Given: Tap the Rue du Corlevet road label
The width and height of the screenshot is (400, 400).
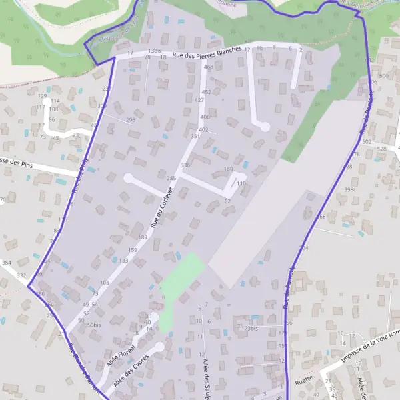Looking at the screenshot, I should [x=162, y=209].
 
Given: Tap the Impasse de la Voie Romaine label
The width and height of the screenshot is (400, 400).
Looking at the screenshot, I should [x=371, y=346].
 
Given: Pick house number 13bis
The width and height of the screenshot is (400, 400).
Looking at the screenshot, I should [x=155, y=51].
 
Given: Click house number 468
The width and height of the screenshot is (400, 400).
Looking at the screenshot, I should [x=208, y=67].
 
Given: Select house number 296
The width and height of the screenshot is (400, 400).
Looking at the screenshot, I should [x=131, y=120].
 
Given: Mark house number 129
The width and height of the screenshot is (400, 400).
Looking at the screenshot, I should [x=42, y=96].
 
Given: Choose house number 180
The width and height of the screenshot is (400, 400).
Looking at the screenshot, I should [x=229, y=169].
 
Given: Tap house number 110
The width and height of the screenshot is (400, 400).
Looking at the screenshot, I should [x=241, y=183].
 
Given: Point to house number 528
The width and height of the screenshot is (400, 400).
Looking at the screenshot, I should [x=381, y=149].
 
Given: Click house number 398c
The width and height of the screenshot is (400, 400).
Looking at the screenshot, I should [x=350, y=190].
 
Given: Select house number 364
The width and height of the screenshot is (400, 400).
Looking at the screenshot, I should [x=6, y=264].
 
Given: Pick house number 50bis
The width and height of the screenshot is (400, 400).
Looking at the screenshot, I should [x=93, y=325].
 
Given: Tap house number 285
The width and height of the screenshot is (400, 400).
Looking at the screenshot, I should [x=171, y=179].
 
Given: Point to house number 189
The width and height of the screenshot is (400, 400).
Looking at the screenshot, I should [x=142, y=237].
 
